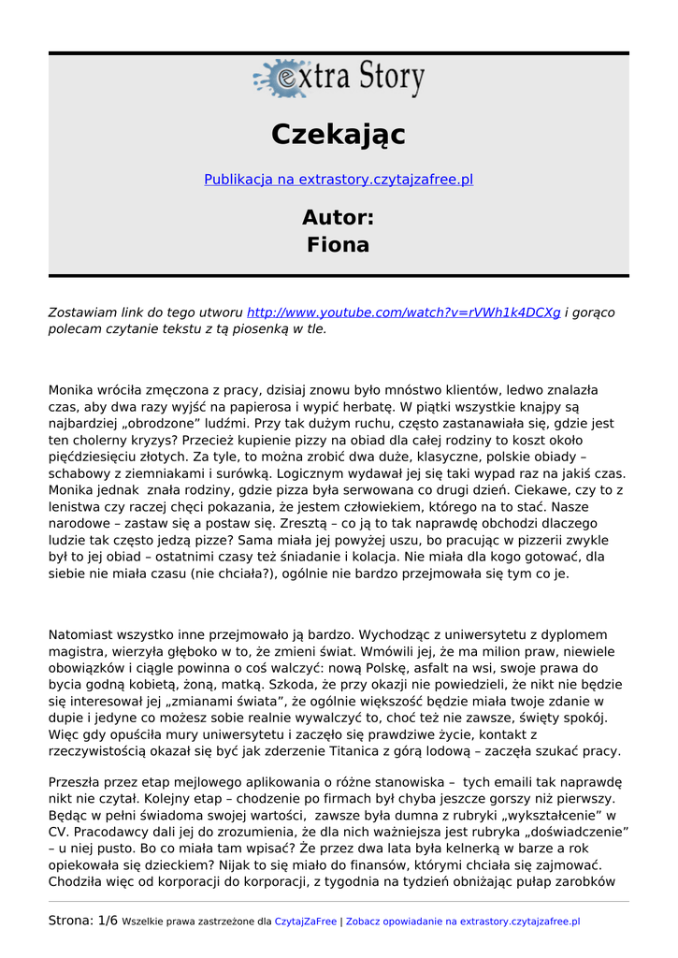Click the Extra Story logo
(339, 79)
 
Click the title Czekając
(339, 135)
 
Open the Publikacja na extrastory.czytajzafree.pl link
(339, 179)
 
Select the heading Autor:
(339, 217)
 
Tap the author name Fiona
(339, 245)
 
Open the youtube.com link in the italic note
(404, 312)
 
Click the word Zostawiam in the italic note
(84, 312)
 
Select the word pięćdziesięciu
(93, 457)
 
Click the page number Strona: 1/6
(83, 921)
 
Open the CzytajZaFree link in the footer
(305, 922)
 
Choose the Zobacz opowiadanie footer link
(463, 922)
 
